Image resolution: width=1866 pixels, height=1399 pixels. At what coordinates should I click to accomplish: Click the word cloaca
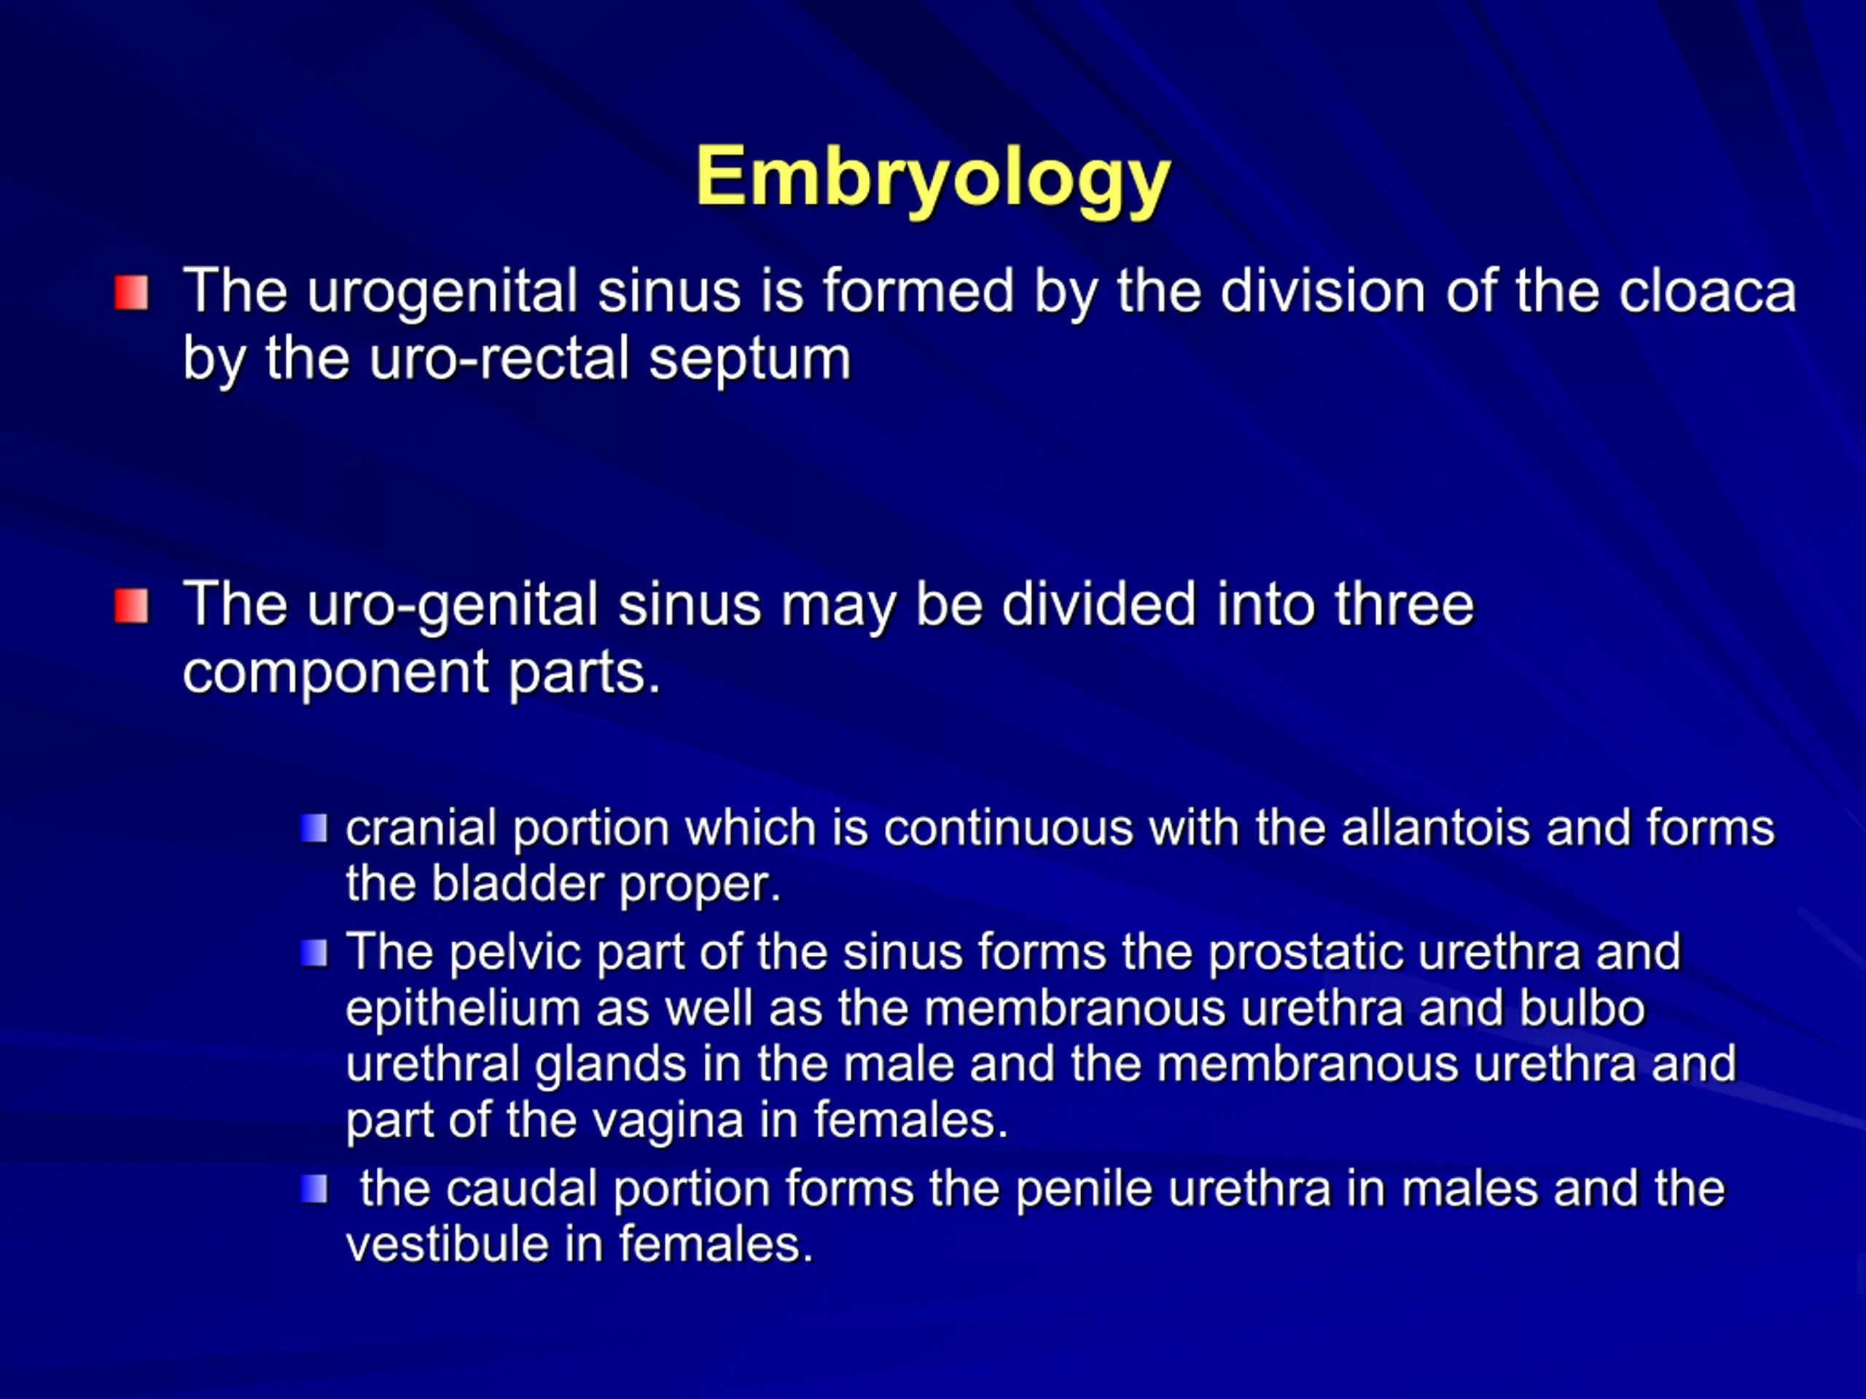coord(1706,291)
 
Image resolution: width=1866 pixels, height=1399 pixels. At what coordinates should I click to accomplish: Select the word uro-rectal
coord(499,359)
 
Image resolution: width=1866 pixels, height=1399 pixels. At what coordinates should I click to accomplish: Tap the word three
coord(1405,605)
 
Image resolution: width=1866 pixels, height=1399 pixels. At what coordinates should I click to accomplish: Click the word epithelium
coord(463,1009)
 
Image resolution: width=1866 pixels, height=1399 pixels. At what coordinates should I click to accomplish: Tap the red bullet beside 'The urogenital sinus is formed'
coord(132,293)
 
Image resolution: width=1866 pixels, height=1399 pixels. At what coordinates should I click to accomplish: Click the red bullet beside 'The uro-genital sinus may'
coord(132,606)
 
